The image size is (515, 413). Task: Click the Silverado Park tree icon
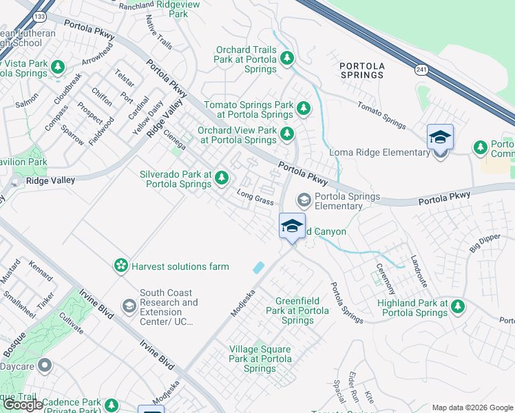pos(221,178)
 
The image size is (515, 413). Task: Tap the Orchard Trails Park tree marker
pos(287,59)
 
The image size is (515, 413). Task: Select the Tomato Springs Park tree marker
pos(303,109)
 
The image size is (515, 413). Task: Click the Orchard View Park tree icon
pos(286,134)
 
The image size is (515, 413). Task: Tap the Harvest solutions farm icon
pos(121,265)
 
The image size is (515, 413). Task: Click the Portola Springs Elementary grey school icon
pos(303,200)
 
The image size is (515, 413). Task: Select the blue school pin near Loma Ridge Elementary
pos(440,137)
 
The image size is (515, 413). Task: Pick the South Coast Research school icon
pos(129,305)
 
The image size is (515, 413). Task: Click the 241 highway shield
pos(421,69)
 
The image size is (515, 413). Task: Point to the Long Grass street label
pos(255,198)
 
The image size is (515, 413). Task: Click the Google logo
pos(23,405)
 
